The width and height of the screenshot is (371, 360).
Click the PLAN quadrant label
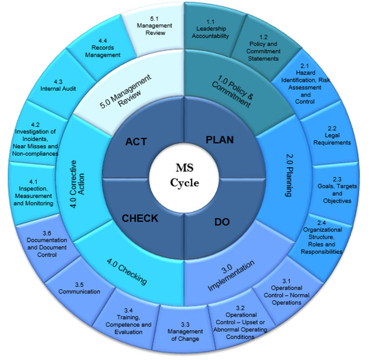click(219, 140)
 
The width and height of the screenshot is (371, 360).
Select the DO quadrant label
click(222, 222)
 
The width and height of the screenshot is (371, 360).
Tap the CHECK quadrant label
click(140, 218)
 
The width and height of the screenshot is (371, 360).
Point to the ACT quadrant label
click(136, 142)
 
